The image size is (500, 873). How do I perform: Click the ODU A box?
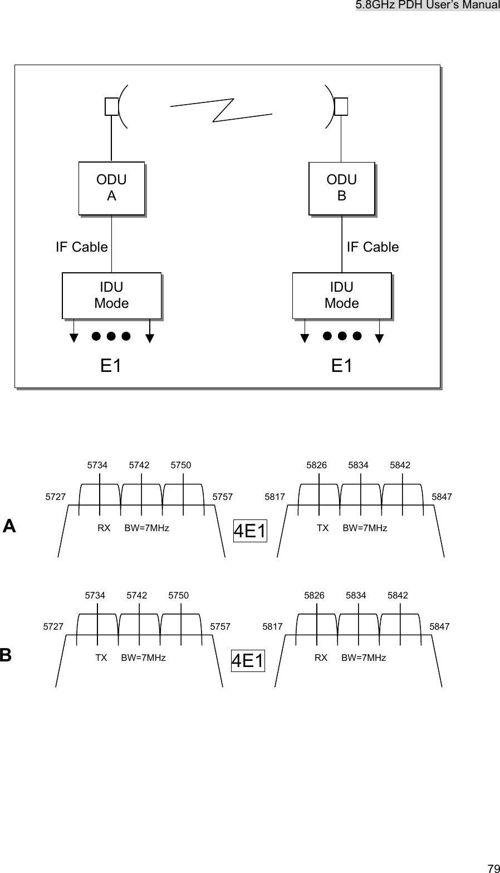(x=111, y=188)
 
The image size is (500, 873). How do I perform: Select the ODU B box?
(x=341, y=188)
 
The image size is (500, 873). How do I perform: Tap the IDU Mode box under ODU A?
(x=111, y=296)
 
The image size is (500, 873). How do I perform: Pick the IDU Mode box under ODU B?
(x=341, y=296)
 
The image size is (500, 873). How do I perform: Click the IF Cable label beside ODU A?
(x=82, y=247)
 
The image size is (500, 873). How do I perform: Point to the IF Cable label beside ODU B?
(x=372, y=247)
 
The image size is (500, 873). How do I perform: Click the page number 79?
(x=493, y=868)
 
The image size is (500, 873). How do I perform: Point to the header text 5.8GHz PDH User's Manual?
(x=428, y=5)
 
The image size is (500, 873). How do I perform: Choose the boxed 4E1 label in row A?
(x=250, y=532)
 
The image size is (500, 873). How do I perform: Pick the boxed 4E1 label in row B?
(x=248, y=661)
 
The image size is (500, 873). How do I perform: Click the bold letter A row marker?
(x=9, y=526)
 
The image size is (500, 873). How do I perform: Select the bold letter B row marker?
(x=6, y=655)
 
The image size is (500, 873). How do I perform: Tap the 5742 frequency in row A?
(x=139, y=465)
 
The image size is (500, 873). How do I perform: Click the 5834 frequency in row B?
(x=356, y=595)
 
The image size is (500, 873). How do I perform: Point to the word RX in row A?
(x=104, y=528)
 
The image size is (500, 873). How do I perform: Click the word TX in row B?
(x=101, y=658)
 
